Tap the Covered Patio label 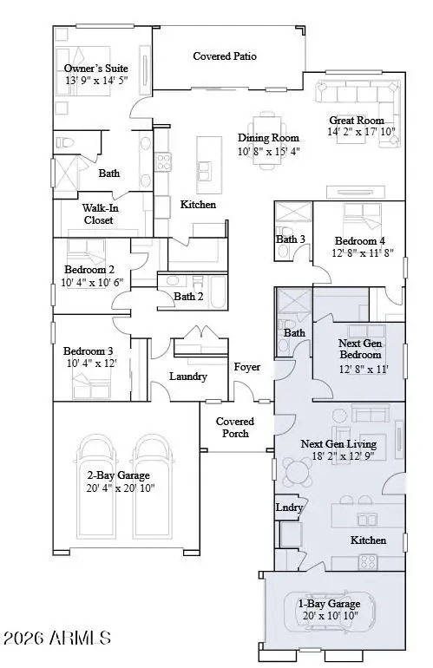tap(224, 56)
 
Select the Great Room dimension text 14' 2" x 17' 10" tap(363, 133)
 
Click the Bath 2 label tap(188, 296)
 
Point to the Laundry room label tap(188, 377)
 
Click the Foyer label tap(247, 366)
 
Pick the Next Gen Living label tap(335, 443)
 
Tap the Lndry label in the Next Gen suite tap(288, 508)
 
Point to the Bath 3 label tap(291, 239)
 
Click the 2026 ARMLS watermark tap(56, 639)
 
